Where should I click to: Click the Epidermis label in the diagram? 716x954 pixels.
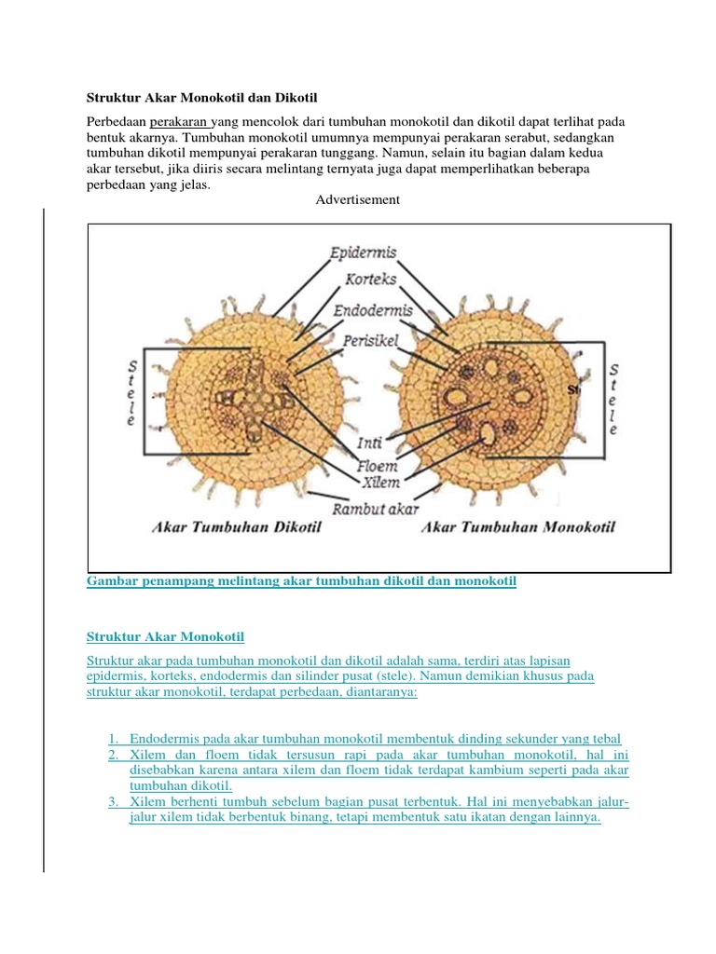(x=364, y=252)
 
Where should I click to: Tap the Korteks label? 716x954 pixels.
(x=371, y=279)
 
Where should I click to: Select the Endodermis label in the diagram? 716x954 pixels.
(x=373, y=309)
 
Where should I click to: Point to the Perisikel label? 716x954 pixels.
(x=370, y=341)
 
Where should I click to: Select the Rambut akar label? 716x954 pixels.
(x=379, y=509)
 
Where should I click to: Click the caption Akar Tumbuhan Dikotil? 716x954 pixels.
(x=237, y=528)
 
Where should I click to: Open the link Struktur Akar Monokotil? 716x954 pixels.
(x=165, y=636)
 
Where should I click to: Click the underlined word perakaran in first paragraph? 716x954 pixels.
(x=180, y=122)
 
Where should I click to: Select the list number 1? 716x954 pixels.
(x=113, y=738)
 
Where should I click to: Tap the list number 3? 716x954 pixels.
(x=113, y=801)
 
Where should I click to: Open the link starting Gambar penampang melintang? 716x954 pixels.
(x=301, y=580)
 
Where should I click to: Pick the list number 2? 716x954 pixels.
(x=113, y=754)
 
